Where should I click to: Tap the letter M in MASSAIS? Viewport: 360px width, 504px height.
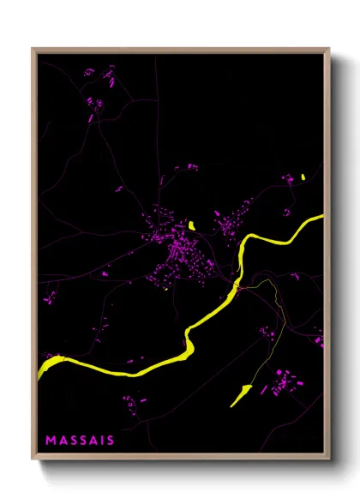(x=51, y=440)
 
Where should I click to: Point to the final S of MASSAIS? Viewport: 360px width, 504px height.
(x=110, y=440)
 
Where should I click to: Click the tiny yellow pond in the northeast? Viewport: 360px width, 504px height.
(x=303, y=177)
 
